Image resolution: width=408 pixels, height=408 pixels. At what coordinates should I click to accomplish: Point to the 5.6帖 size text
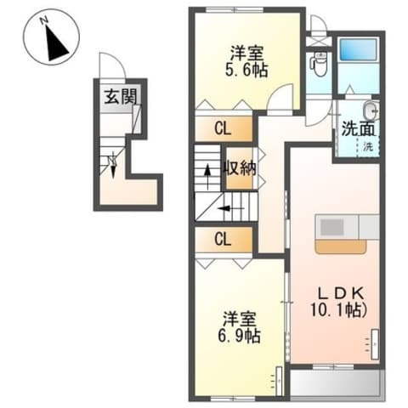[246, 71]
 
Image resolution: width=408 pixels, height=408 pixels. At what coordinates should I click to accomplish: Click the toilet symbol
[320, 62]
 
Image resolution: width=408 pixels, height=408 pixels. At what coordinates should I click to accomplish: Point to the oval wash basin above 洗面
[369, 110]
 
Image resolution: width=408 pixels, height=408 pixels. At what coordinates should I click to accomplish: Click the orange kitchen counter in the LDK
[340, 245]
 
